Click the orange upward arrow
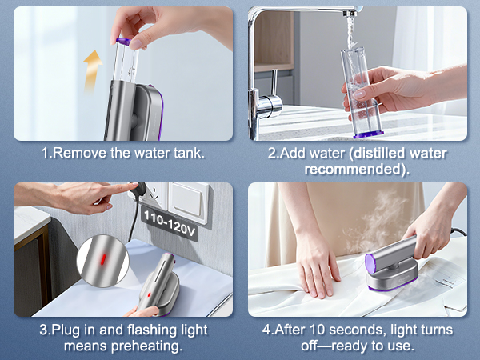tap(94, 62)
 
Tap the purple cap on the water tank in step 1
tap(123, 39)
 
